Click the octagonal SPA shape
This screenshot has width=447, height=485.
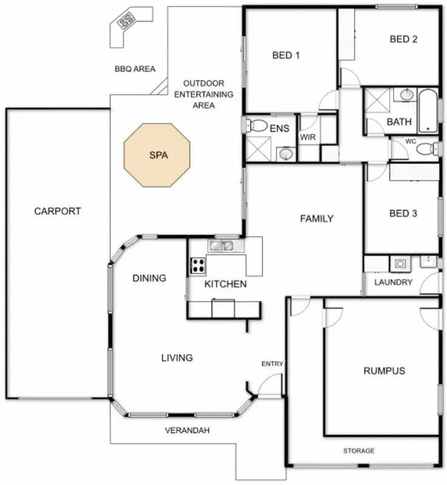coord(156,155)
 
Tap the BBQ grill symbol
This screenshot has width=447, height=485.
coord(127,22)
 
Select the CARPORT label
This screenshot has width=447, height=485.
coord(58,212)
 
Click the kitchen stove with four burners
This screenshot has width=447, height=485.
coord(198,264)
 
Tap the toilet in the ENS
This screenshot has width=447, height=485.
coord(257,126)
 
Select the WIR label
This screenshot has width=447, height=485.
coord(308,137)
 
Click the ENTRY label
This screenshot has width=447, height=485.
coord(272,364)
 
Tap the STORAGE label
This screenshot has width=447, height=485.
coord(358,450)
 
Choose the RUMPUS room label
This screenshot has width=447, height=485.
coord(384,370)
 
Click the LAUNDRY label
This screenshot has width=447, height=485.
coord(393,283)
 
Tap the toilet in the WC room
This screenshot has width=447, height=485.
coord(428,147)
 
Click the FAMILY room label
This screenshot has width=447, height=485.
coord(317,219)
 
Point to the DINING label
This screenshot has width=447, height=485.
coord(149,278)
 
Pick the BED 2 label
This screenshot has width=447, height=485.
coord(403,39)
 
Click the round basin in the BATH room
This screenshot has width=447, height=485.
coord(406,95)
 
